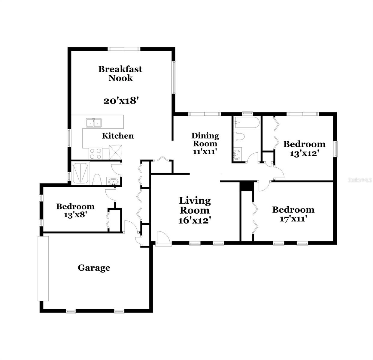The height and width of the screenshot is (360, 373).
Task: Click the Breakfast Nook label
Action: pyautogui.click(x=120, y=73)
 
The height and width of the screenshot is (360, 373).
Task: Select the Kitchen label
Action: pyautogui.click(x=118, y=136)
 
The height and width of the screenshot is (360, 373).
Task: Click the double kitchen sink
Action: pyautogui.click(x=94, y=123)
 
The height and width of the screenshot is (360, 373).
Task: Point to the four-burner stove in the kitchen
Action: pyautogui.click(x=96, y=154)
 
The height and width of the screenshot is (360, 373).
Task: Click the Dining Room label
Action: pyautogui.click(x=205, y=140)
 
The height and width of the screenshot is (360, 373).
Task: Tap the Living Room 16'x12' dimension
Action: pyautogui.click(x=195, y=220)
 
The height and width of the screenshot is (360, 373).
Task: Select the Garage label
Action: pyautogui.click(x=94, y=268)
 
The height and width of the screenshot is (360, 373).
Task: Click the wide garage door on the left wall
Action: pyautogui.click(x=43, y=268)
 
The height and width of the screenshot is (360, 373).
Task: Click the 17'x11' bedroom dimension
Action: pyautogui.click(x=293, y=219)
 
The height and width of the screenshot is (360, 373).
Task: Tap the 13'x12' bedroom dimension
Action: pyautogui.click(x=304, y=153)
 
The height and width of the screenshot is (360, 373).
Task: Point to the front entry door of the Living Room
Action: pyautogui.click(x=163, y=238)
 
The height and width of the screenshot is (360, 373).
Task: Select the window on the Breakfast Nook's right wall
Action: pyautogui.click(x=174, y=77)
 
